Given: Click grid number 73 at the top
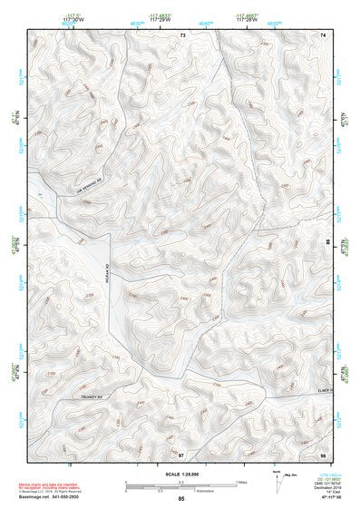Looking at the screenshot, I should [x=182, y=34].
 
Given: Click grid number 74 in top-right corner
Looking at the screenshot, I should [x=322, y=34].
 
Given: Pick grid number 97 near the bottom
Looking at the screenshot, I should [x=181, y=454].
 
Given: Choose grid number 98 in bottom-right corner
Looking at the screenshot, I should [x=322, y=454].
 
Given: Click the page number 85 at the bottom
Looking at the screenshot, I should [x=181, y=499].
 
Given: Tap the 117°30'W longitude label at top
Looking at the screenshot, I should [x=74, y=20].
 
